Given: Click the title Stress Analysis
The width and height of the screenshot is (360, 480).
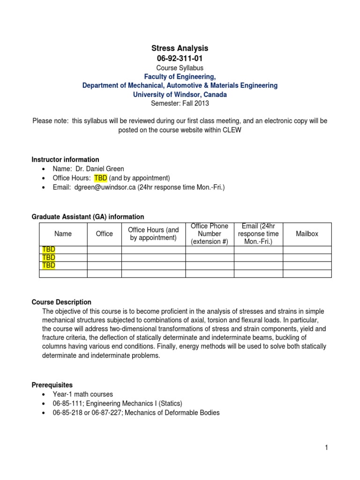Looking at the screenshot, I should pyautogui.click(x=180, y=48).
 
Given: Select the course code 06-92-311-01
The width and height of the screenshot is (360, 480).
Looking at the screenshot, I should pyautogui.click(x=180, y=58).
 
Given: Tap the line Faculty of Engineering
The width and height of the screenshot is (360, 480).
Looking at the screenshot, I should pyautogui.click(x=180, y=76).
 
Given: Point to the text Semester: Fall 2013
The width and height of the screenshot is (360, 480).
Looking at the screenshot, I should pyautogui.click(x=180, y=103).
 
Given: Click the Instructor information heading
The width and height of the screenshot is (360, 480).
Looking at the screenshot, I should pyautogui.click(x=65, y=159).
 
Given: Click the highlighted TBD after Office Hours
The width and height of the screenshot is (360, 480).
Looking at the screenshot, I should pyautogui.click(x=101, y=178).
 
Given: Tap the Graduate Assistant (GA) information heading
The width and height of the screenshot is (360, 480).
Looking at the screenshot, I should pyautogui.click(x=88, y=217).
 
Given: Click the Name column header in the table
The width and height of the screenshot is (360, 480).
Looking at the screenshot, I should pyautogui.click(x=63, y=233).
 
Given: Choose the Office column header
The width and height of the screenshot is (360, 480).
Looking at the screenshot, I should pyautogui.click(x=104, y=233).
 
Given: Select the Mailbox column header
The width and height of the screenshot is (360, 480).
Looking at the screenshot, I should pyautogui.click(x=307, y=233).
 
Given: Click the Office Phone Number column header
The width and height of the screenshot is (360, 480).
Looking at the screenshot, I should pyautogui.click(x=210, y=233).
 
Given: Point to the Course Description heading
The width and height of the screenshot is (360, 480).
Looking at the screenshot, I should pyautogui.click(x=61, y=302).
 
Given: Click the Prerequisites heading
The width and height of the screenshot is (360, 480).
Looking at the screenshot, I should pyautogui.click(x=52, y=385).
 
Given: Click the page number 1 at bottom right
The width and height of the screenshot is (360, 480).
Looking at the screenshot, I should pyautogui.click(x=326, y=448).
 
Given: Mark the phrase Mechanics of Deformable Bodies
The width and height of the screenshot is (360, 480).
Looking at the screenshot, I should pyautogui.click(x=174, y=413).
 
